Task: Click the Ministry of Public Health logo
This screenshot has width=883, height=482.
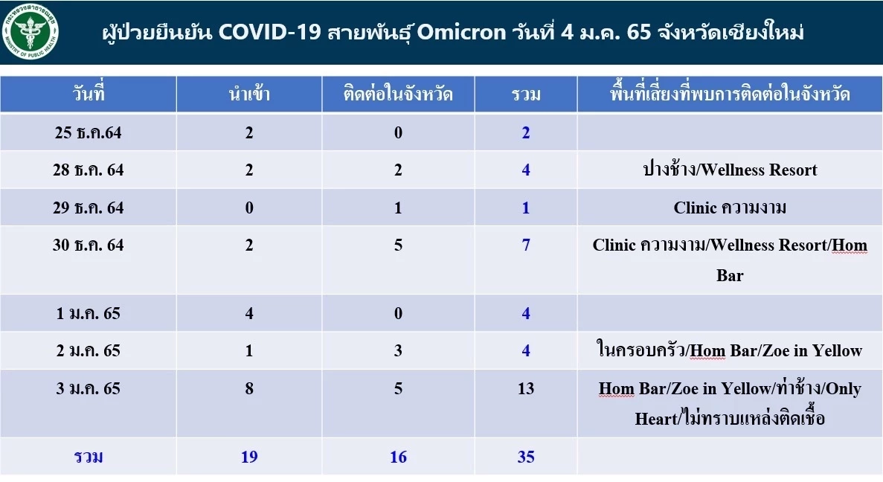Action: click(x=32, y=32)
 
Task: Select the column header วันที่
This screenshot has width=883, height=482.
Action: click(x=89, y=94)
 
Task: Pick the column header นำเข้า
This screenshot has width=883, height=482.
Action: click(x=248, y=94)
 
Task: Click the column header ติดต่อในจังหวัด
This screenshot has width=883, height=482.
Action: click(x=398, y=94)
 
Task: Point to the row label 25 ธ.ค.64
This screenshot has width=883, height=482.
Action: click(x=89, y=133)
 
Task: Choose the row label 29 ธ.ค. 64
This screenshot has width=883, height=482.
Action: click(x=89, y=208)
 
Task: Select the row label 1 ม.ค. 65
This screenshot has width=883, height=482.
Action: click(x=89, y=313)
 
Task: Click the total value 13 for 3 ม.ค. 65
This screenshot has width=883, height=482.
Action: click(x=526, y=388)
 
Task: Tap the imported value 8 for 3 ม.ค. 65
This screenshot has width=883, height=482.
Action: click(x=249, y=388)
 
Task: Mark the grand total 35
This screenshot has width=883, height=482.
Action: click(x=526, y=457)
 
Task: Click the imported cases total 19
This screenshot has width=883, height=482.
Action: click(x=249, y=457)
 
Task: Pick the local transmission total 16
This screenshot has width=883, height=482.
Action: click(x=398, y=457)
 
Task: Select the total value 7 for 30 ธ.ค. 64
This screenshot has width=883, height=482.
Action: click(x=526, y=245)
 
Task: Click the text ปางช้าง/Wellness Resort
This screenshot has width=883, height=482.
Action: click(x=730, y=170)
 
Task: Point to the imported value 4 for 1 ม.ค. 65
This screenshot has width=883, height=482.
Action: click(x=249, y=313)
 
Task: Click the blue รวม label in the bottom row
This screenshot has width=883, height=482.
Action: click(x=89, y=457)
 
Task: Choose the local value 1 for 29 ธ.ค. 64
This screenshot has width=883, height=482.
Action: click(x=398, y=208)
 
